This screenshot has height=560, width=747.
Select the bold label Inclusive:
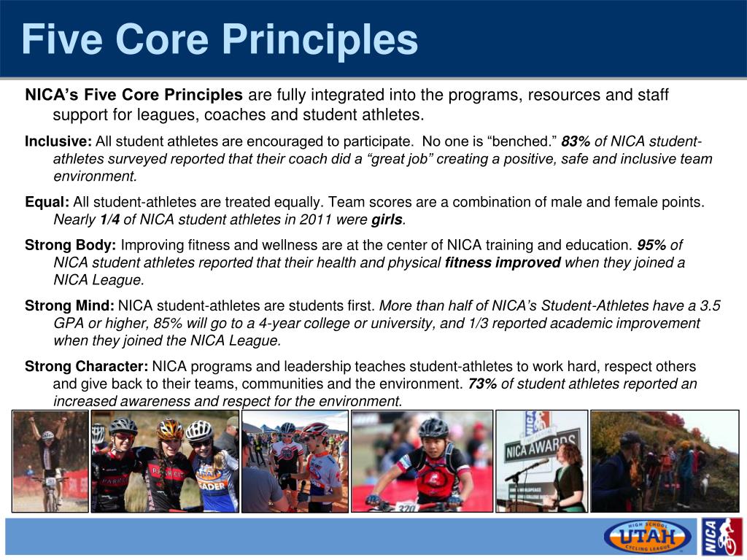(58, 141)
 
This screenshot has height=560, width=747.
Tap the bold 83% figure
(576, 141)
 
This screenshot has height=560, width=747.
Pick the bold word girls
(387, 219)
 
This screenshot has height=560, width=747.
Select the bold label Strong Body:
(71, 245)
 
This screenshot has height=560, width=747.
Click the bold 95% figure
(651, 245)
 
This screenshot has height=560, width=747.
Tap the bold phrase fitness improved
(503, 262)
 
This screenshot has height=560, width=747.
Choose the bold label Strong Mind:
(69, 306)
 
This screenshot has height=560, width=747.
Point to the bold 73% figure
(483, 384)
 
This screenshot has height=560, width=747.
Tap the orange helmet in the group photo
(169, 429)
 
